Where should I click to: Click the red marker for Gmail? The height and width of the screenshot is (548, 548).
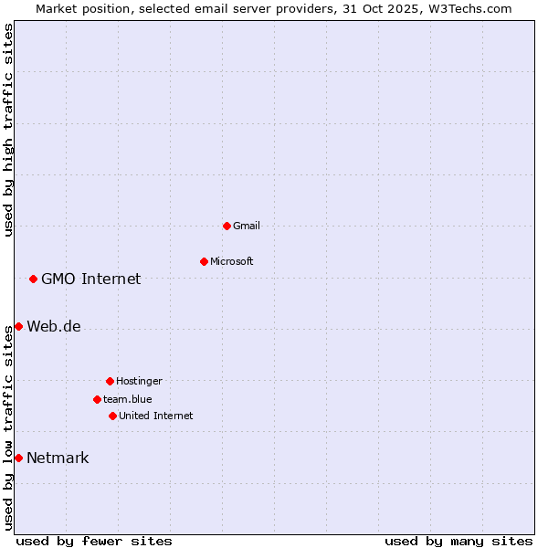(x=227, y=226)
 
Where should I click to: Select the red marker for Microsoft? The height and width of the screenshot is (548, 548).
(x=204, y=261)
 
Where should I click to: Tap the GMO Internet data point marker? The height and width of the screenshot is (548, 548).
(x=33, y=279)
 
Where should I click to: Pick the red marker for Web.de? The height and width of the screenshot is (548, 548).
(x=18, y=326)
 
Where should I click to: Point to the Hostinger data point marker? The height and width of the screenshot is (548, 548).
(x=110, y=381)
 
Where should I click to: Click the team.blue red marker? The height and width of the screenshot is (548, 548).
(x=97, y=399)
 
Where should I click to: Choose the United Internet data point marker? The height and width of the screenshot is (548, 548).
(x=112, y=416)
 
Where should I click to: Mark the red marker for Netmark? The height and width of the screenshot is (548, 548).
(x=18, y=458)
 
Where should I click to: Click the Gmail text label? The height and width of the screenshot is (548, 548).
(x=247, y=226)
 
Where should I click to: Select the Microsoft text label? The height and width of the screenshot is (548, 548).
(x=232, y=261)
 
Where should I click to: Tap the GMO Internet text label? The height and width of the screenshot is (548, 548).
(x=91, y=279)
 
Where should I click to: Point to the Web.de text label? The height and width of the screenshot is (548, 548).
(x=54, y=326)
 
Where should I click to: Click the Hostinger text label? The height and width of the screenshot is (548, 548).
(x=139, y=381)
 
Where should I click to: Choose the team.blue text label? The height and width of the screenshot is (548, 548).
(x=128, y=399)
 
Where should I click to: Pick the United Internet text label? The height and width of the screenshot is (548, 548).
(x=156, y=416)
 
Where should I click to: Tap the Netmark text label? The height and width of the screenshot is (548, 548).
(x=58, y=458)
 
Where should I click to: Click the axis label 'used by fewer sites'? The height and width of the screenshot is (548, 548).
(x=94, y=541)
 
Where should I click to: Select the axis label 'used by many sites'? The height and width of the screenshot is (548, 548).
(x=458, y=541)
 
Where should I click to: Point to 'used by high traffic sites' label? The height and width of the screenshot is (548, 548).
(x=8, y=130)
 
